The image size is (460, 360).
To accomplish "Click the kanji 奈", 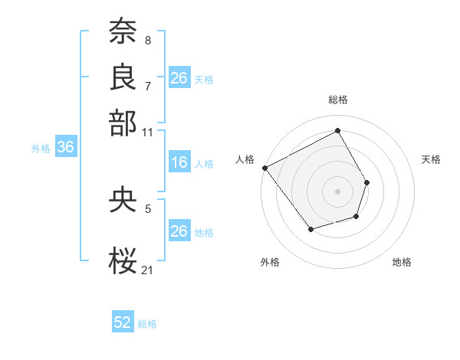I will (x=123, y=33).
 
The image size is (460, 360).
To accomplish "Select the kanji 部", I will (x=123, y=123).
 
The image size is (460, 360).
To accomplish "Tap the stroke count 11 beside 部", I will (x=148, y=132).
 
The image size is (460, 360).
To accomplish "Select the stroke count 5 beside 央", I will (x=148, y=207).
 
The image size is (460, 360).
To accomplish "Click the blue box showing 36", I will (x=65, y=148).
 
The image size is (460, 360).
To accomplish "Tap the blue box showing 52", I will (x=123, y=322).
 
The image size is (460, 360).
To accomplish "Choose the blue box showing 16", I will (x=179, y=162).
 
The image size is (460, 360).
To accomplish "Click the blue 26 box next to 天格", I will (x=179, y=78).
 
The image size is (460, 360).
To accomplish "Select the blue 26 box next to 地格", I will (x=179, y=231).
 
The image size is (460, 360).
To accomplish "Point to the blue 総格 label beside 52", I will (x=147, y=324).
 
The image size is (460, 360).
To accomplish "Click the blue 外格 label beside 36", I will (x=41, y=149).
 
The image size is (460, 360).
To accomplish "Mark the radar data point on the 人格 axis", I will (x=264, y=168).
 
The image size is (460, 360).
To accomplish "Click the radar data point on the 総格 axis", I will (x=337, y=131).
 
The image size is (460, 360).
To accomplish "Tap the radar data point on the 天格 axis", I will (x=367, y=182).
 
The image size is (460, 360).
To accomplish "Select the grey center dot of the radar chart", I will (x=337, y=191).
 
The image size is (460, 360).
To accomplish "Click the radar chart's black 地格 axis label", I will (x=402, y=262).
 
